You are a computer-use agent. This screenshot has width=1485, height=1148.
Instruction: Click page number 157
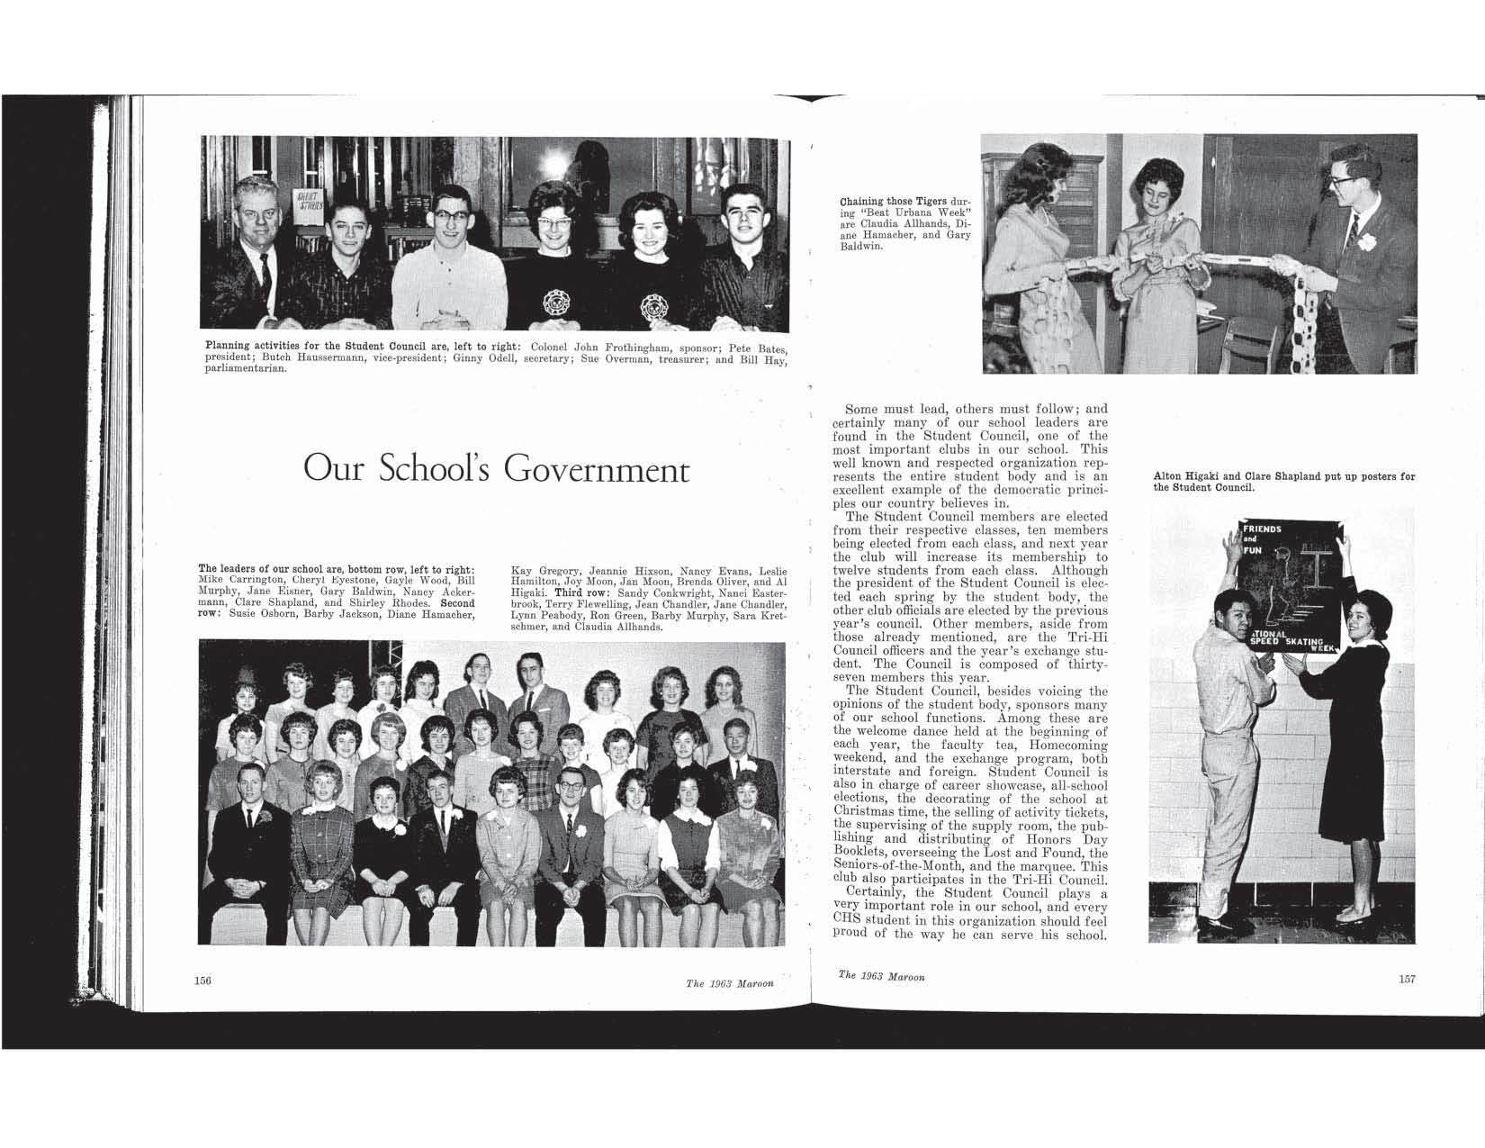tap(1408, 980)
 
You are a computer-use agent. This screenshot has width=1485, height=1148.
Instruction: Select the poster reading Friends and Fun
tap(1290, 585)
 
